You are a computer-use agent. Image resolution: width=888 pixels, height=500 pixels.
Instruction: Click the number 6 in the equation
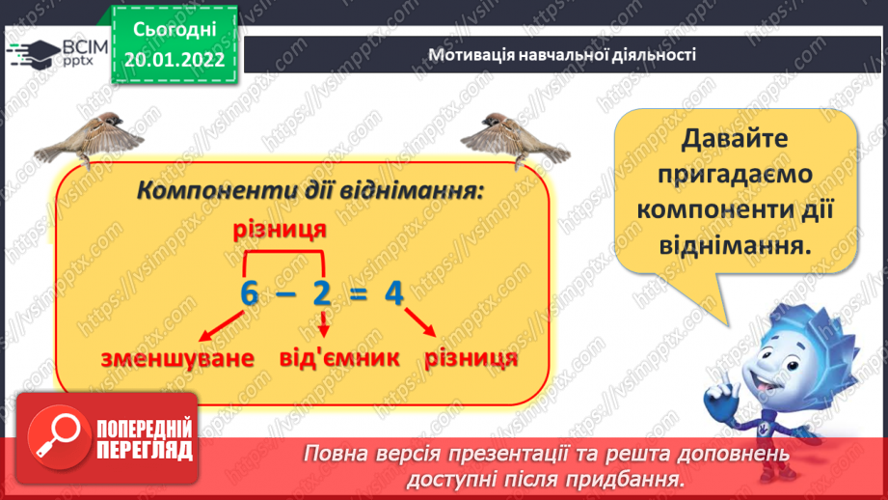[250, 294]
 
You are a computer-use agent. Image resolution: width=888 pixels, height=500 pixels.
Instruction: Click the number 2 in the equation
[321, 294]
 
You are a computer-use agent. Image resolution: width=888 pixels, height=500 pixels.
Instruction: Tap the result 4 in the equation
[392, 294]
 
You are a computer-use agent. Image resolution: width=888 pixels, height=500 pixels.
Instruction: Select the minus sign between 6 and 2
[285, 295]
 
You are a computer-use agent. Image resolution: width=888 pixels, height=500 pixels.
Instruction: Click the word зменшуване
[176, 358]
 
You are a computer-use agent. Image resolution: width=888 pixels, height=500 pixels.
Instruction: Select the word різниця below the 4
[471, 358]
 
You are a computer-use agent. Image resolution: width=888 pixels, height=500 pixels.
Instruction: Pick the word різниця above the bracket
[278, 231]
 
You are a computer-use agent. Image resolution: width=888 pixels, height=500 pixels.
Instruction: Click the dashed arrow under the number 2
[324, 324]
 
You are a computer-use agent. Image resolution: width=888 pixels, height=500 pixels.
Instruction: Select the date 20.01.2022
[174, 60]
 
